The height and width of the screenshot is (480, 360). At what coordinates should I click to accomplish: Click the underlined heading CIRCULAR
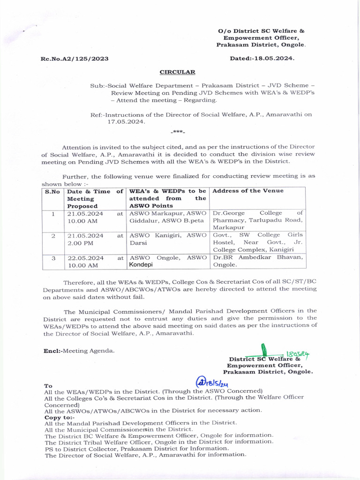(178, 72)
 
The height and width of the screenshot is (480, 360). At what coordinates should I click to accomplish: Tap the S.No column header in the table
(52, 191)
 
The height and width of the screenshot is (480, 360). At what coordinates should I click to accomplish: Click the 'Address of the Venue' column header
(248, 191)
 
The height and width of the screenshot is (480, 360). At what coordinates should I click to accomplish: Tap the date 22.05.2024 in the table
(86, 257)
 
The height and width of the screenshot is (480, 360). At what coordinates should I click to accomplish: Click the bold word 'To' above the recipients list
(48, 385)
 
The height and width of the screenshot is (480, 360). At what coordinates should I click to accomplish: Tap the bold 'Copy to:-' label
(59, 417)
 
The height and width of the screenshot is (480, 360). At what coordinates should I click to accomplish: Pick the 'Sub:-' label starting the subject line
(98, 86)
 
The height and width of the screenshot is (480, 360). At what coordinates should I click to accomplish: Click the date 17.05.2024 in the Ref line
(126, 121)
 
